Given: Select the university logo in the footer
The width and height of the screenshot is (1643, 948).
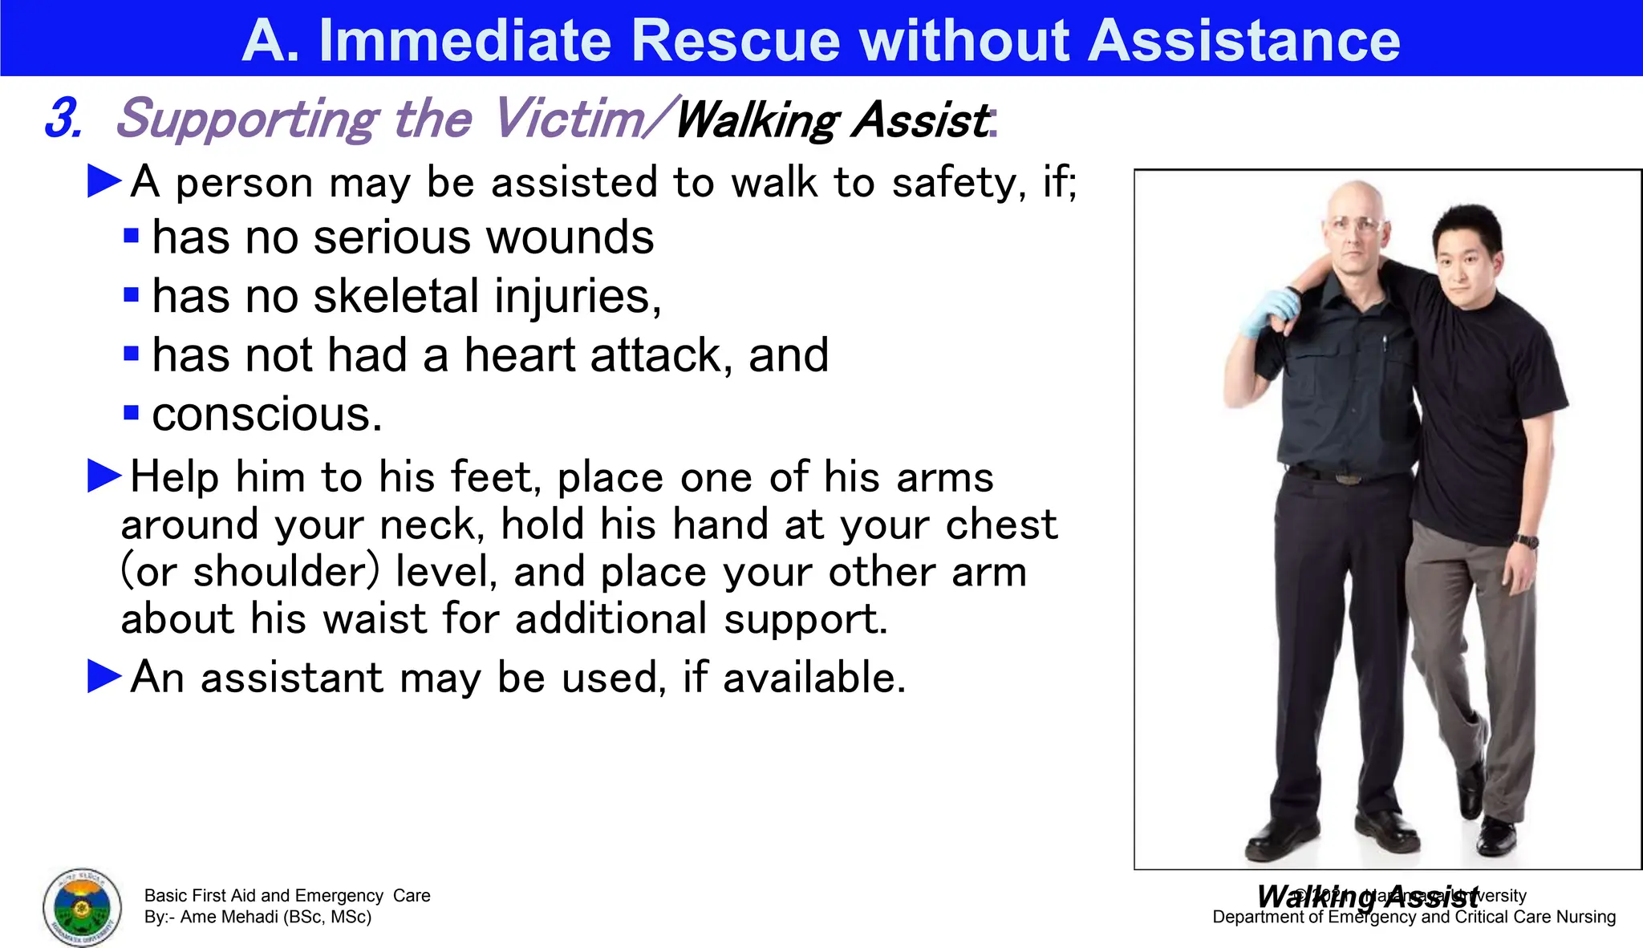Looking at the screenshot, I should (x=82, y=907).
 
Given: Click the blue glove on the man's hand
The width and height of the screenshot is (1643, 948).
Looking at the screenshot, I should (x=1268, y=314).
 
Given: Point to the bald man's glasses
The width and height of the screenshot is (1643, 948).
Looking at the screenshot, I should (x=1356, y=225).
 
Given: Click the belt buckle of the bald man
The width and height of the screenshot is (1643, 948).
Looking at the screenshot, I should (x=1349, y=480).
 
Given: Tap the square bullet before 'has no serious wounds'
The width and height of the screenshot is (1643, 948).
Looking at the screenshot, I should (x=132, y=237).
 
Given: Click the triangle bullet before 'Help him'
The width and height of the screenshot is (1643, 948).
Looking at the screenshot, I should (x=104, y=476).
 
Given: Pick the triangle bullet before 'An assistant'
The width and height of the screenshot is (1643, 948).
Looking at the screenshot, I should (x=104, y=676).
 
